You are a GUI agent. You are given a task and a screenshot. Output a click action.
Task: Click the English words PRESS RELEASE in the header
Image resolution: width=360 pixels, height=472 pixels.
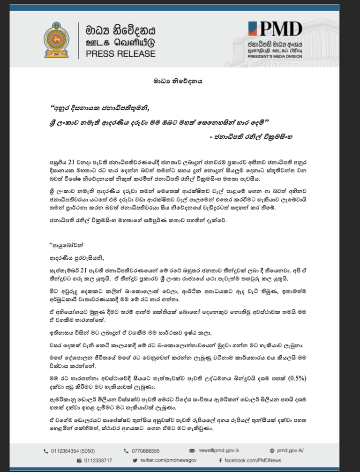120,53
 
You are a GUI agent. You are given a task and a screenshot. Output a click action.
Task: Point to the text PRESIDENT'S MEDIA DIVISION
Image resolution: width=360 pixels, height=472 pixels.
274,55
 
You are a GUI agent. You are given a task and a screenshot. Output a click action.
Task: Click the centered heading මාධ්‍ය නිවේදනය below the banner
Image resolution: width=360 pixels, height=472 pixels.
180,81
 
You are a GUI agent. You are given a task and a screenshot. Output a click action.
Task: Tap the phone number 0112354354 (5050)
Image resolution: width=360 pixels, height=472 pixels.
72,451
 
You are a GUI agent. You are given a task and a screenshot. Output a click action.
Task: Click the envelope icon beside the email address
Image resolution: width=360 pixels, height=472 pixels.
192,451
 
